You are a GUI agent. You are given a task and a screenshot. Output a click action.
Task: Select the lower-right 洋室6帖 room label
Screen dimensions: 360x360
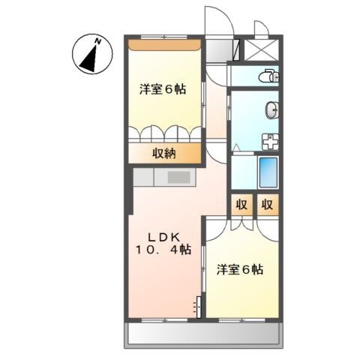[239, 269]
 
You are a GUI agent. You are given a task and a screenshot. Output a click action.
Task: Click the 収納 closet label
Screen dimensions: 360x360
[165, 154]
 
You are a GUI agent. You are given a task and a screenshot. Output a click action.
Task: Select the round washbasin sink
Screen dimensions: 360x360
[273, 110]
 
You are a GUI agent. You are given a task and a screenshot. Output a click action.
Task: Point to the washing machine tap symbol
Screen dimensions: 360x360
[268, 141]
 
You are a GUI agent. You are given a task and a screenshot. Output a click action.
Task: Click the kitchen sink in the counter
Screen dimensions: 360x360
[178, 178]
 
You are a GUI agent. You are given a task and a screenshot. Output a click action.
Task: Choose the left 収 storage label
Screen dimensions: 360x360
[241, 205]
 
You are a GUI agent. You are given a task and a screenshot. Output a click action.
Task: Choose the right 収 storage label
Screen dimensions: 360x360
[267, 205]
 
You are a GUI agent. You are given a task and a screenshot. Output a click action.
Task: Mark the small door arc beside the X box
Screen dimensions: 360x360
[260, 28]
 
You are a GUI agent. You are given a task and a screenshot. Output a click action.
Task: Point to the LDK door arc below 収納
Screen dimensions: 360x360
[216, 154]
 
